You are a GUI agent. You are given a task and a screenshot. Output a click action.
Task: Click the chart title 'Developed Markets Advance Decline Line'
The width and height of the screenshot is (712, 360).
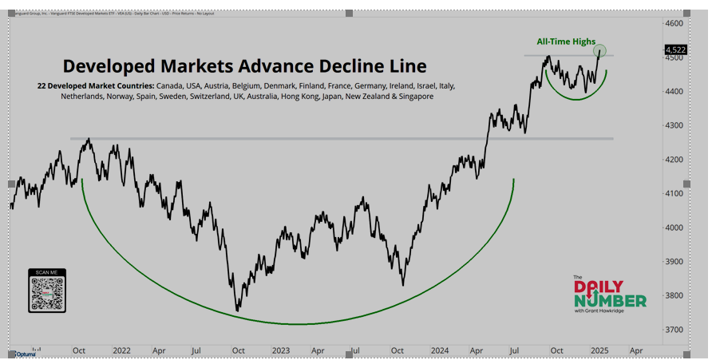pos(244,66)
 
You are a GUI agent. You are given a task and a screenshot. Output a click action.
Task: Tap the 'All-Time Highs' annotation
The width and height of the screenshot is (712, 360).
pos(565,41)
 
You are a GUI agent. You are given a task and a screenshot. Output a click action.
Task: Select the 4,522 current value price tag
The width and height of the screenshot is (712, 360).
pos(675,49)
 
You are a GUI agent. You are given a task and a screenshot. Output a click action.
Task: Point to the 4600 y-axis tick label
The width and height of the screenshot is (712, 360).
pos(675,23)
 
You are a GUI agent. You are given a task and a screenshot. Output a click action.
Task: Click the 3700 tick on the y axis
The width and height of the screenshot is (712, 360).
pos(675,330)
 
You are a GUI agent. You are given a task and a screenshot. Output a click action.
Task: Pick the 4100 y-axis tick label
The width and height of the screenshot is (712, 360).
pos(675,193)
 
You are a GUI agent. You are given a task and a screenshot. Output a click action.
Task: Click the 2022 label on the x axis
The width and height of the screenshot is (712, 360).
pos(122,350)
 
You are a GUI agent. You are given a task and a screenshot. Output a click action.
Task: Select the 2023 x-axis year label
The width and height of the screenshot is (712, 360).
pos(281,350)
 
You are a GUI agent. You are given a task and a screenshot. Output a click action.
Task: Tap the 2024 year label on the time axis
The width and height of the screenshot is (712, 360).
pos(440,350)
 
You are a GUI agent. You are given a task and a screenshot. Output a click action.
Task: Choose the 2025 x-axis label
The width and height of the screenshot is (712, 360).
pos(599,350)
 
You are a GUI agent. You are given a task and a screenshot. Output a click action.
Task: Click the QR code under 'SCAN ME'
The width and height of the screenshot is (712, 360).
pos(47,294)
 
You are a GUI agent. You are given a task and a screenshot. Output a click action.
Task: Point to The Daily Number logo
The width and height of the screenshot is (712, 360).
pos(610,294)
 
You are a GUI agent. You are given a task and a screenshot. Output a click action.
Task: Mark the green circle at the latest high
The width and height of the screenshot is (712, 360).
pos(600,51)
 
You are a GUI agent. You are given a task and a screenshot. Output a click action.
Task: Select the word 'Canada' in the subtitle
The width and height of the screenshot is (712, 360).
pos(172,85)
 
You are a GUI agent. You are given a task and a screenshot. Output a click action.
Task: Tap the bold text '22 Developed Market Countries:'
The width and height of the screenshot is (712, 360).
pos(96,85)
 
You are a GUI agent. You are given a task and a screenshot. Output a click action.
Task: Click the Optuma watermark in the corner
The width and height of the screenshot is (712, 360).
pos(26,353)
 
